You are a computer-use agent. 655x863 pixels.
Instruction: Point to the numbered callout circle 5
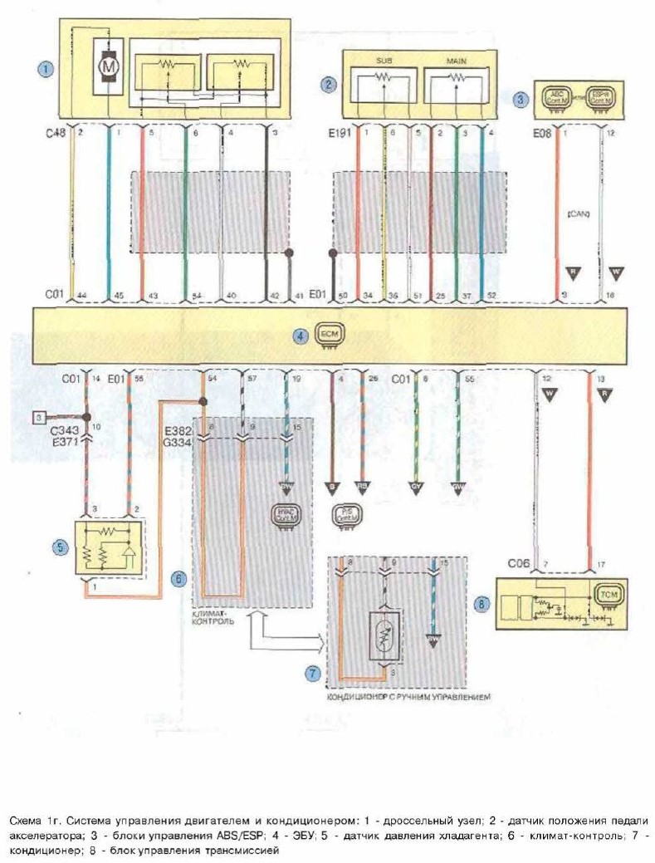[x=59, y=546]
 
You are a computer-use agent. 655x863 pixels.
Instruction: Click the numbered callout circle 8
[x=479, y=604]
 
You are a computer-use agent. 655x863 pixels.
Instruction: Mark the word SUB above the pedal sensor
[x=384, y=61]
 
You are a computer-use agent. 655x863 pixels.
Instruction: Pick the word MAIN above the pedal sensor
[x=457, y=61]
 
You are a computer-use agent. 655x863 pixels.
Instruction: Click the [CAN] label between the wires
[x=578, y=213]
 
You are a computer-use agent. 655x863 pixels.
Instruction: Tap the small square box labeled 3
[x=38, y=416]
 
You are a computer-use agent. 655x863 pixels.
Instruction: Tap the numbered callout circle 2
[x=330, y=83]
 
